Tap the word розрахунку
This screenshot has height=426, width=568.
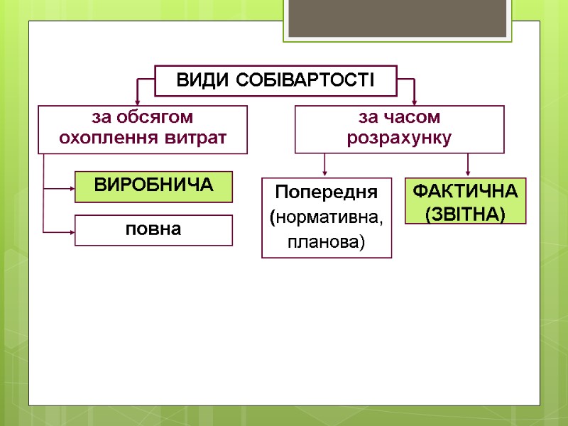[x=399, y=137]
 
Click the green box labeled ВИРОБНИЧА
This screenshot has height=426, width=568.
[x=153, y=186]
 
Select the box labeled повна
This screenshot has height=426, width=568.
[x=153, y=230]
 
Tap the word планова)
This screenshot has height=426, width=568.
[x=327, y=243]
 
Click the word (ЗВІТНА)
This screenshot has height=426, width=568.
[x=466, y=213]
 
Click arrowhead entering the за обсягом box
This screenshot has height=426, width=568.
[x=138, y=102]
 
